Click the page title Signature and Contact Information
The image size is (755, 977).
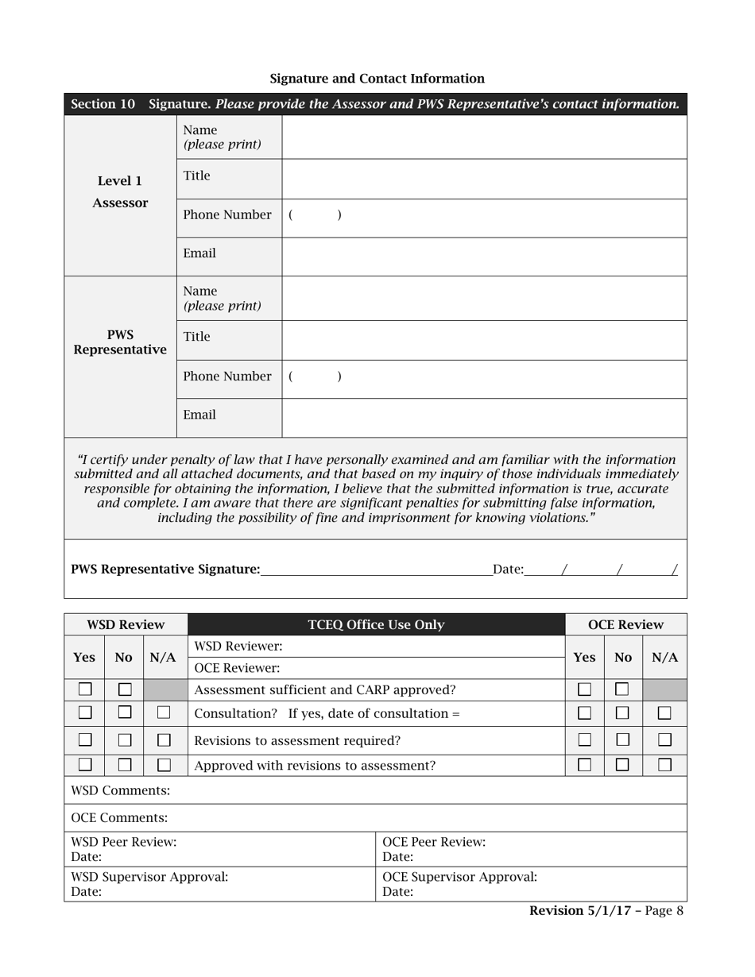coord(377,79)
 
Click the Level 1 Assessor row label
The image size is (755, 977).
coord(120,192)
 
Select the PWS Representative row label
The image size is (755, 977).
coord(120,342)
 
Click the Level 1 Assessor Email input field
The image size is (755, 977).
coord(483,257)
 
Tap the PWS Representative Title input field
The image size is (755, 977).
coord(483,340)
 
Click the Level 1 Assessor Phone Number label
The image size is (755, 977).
coord(227,215)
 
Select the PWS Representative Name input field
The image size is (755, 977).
coord(483,298)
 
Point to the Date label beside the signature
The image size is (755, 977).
coord(508,569)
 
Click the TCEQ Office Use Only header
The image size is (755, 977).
coord(376,625)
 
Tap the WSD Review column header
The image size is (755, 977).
coord(126,625)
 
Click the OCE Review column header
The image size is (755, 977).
coord(625,625)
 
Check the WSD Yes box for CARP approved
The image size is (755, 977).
coord(85,689)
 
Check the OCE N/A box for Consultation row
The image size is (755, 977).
coord(664,713)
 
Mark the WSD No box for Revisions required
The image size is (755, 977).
coord(124,740)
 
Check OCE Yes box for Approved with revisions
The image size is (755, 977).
coord(584,765)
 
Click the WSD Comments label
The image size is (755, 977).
coord(121,790)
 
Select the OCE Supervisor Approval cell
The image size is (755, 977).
coord(531,884)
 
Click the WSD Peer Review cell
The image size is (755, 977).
coord(219,849)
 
